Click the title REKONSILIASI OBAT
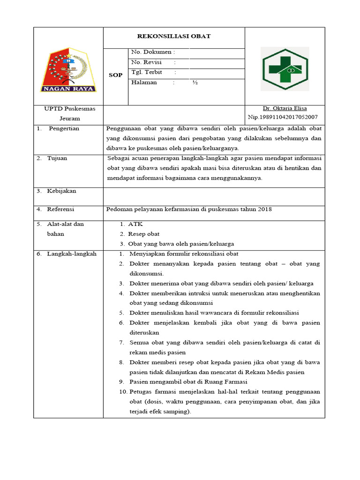173,36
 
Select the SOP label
115,75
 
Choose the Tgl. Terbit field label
147,72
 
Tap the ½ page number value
195,82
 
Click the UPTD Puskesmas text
69,108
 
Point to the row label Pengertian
64,128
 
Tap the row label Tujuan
57,158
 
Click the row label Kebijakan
61,191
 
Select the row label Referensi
60,209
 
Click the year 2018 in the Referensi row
265,209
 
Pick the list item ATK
135,224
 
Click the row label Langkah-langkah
72,254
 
